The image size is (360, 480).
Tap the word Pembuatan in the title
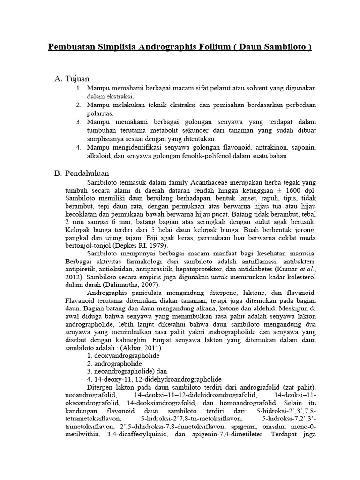pos(72,48)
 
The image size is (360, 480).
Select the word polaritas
pos(101,113)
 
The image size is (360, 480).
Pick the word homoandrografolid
pos(241,403)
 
